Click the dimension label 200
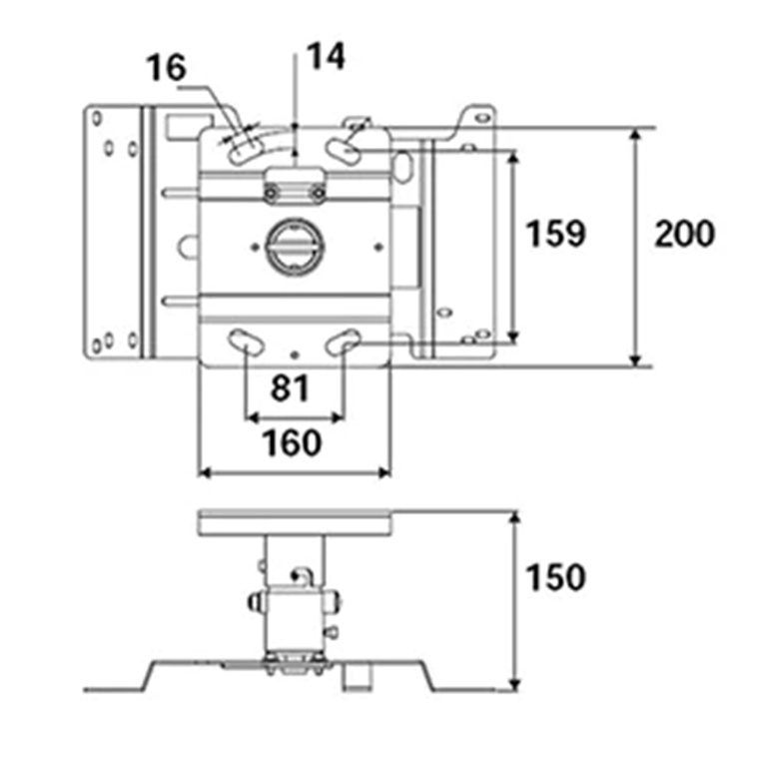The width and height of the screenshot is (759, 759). [x=684, y=234]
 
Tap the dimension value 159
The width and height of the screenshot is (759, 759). [x=555, y=234]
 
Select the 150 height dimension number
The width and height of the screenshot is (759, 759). [x=555, y=577]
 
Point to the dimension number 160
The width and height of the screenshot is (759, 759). [x=292, y=442]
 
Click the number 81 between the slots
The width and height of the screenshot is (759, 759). [x=290, y=387]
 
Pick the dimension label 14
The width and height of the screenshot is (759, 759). [x=326, y=56]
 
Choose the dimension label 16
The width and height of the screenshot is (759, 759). [x=166, y=68]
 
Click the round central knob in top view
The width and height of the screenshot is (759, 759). [x=295, y=248]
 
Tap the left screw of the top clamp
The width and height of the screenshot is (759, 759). [x=271, y=194]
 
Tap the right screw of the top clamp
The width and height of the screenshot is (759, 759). [x=318, y=194]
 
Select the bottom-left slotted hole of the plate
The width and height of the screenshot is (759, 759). [x=246, y=343]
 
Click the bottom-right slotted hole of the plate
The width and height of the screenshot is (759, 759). [x=343, y=342]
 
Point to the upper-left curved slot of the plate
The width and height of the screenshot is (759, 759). [x=245, y=148]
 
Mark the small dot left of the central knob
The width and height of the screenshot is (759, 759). [x=255, y=248]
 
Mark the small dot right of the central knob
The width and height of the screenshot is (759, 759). [x=379, y=248]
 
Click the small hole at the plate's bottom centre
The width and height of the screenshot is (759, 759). [x=295, y=356]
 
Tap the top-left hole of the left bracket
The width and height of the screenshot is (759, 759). [x=97, y=118]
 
